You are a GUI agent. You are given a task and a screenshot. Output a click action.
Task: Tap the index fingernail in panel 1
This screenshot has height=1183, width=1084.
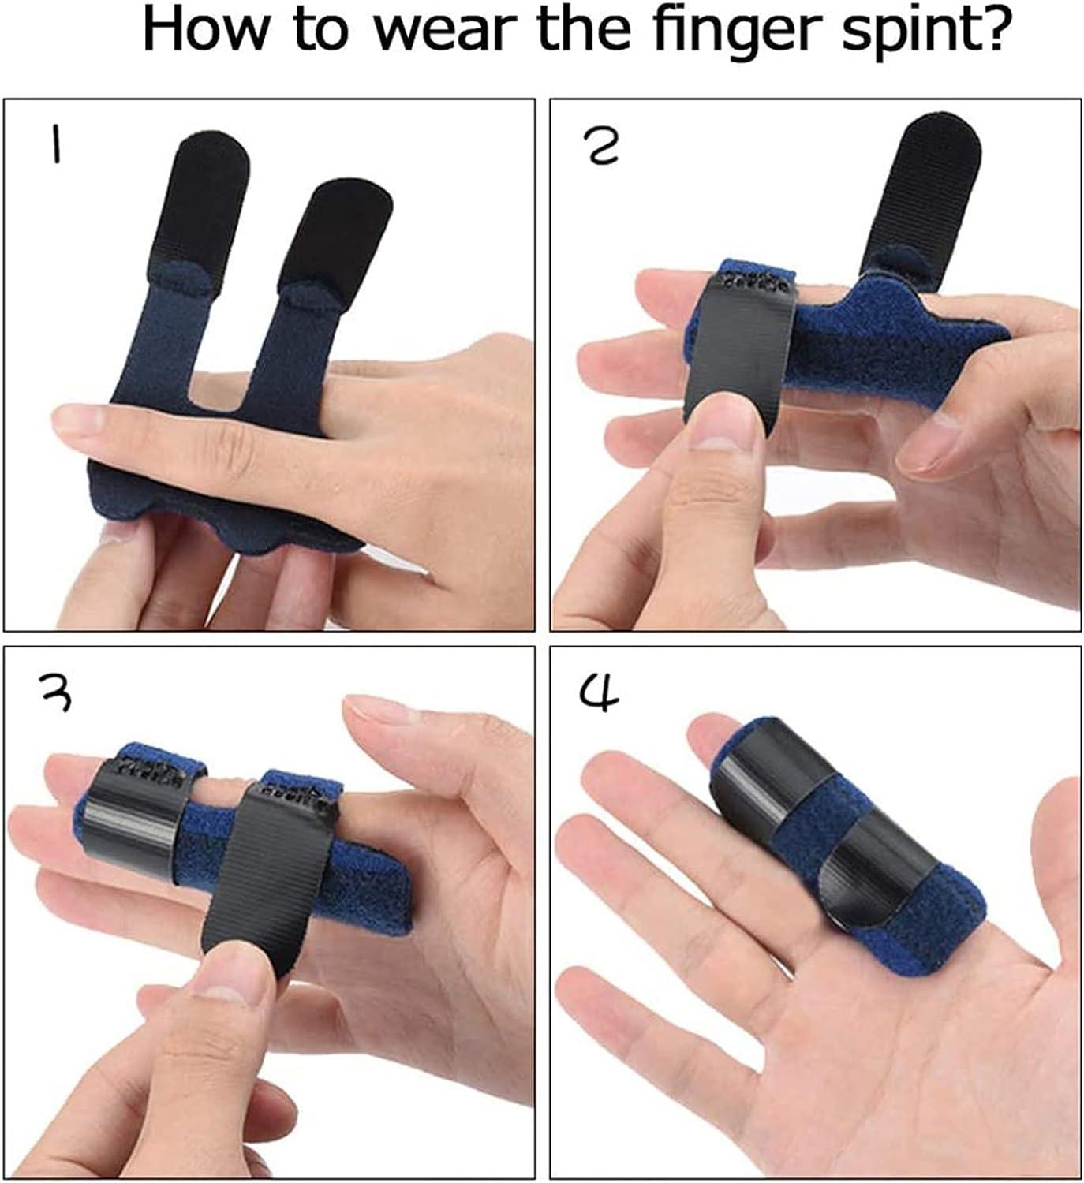[79, 426]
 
